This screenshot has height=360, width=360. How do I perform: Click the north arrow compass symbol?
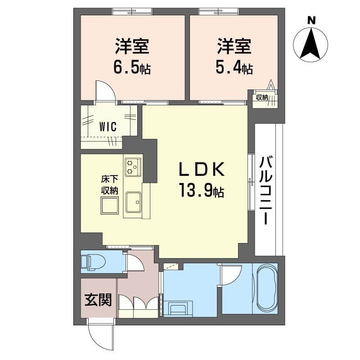pyautogui.click(x=310, y=44)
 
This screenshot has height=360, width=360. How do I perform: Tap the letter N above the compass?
pyautogui.click(x=310, y=20)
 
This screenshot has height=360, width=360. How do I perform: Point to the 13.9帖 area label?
pyautogui.click(x=201, y=191)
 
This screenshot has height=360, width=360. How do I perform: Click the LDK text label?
pyautogui.click(x=201, y=170)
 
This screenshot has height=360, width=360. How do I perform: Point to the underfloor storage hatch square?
pyautogui.click(x=109, y=207)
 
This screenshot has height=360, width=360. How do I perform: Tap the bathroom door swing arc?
pyautogui.click(x=232, y=274)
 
